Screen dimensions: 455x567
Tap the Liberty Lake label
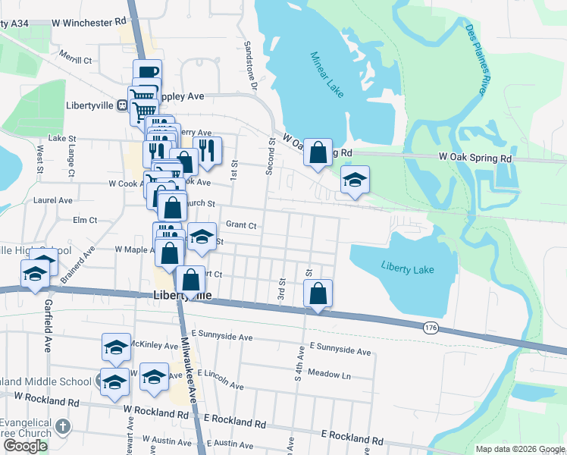pos(407,266)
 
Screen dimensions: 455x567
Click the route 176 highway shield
pos(431,327)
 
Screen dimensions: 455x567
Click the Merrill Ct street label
pos(77,59)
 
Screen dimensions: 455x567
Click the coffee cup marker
pos(147,73)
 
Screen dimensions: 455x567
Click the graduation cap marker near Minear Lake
pos(354,180)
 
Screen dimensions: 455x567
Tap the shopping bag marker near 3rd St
pos(318,293)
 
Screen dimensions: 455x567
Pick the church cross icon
pos(62,426)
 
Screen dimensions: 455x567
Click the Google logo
pos(25,446)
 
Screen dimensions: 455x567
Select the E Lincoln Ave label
pos(221,379)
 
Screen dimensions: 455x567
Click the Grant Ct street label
pos(241,225)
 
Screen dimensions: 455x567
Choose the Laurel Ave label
pos(53,200)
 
